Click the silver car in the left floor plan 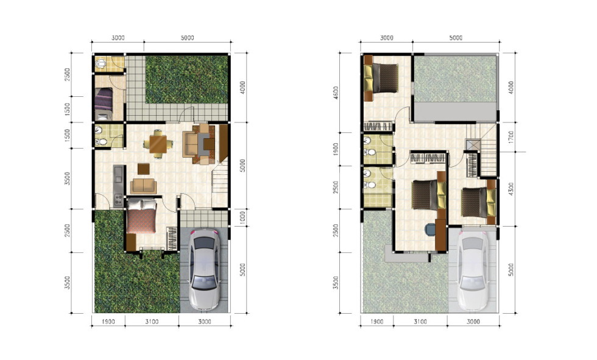205,269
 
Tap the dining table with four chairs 158,144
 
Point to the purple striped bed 104,99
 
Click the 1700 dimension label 511,137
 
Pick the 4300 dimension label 511,189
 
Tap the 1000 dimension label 242,217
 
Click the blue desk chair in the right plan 430,230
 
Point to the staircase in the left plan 220,183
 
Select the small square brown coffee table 144,169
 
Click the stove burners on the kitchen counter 118,200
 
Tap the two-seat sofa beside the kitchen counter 144,186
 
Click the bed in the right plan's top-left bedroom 381,78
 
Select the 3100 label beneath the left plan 152,322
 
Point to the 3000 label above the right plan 386,38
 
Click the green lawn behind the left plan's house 187,80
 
